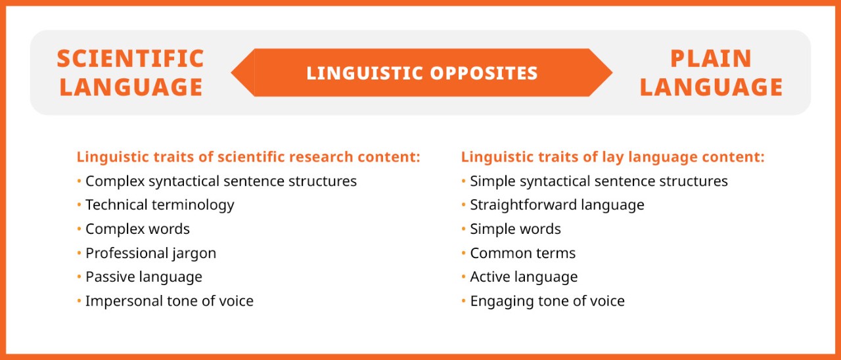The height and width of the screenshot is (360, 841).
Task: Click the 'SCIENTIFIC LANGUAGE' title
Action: coord(131,72)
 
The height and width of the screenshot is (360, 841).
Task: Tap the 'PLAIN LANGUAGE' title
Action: coord(711,72)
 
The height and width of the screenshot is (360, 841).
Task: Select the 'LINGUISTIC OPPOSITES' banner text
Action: coord(422,73)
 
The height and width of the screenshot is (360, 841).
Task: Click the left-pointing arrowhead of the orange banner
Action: coord(243,72)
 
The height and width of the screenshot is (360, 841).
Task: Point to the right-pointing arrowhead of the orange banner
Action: coord(601,72)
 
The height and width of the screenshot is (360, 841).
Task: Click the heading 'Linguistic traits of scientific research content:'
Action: coord(248,157)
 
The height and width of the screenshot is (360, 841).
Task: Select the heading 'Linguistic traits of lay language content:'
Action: coord(612,157)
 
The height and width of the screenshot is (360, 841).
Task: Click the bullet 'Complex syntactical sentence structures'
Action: coord(221,181)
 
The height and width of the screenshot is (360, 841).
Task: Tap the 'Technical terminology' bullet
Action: coord(160,205)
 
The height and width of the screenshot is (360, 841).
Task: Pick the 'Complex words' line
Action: coord(137,229)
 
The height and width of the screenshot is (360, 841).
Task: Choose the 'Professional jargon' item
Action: coord(150,253)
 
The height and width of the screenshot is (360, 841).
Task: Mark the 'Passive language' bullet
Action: coord(144,277)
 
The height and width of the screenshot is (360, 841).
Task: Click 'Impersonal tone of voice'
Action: coord(170,301)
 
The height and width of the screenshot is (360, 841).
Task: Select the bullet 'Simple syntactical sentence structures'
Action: coord(599,181)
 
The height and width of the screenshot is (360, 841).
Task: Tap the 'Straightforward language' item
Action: coord(557,205)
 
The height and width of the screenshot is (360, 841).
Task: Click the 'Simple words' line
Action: coord(515,229)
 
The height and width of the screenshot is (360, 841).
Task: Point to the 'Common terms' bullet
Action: coord(522,253)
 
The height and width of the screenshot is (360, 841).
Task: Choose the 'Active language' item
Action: coord(524,277)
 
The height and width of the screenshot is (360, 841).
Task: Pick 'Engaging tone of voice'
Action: coord(547,301)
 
